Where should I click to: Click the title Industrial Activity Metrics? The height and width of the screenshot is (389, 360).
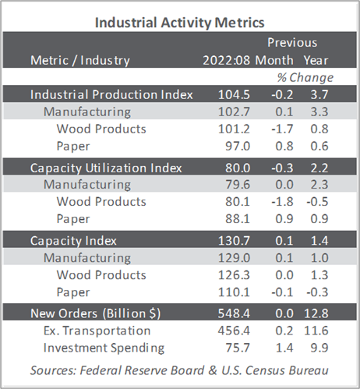(x=180, y=23)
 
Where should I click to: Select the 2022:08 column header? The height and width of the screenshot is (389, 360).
(x=227, y=60)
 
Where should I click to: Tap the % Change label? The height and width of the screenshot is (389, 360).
(x=305, y=77)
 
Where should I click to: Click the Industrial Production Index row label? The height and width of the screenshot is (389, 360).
(x=111, y=94)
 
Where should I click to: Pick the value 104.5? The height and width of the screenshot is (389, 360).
(x=234, y=94)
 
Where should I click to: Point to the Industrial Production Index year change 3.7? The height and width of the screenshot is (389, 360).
(x=319, y=94)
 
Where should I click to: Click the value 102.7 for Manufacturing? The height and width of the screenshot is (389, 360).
(x=234, y=111)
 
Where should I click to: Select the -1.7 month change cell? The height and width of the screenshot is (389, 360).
(x=282, y=129)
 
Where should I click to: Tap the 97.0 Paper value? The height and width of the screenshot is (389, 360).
(x=238, y=146)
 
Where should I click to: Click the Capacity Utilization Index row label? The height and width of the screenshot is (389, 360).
(x=106, y=168)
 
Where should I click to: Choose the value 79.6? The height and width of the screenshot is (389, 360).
(x=238, y=185)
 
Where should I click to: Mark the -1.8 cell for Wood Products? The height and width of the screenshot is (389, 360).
(x=282, y=202)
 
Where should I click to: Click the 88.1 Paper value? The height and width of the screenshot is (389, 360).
(x=238, y=219)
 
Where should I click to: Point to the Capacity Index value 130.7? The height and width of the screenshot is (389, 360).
(x=234, y=241)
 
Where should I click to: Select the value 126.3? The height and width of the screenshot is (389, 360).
(x=234, y=275)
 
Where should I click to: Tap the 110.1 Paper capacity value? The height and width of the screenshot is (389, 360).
(x=234, y=292)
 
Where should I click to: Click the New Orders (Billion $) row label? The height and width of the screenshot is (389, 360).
(x=96, y=313)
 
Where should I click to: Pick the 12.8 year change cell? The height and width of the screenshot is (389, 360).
(x=316, y=313)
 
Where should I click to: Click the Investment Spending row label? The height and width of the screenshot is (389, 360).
(x=104, y=348)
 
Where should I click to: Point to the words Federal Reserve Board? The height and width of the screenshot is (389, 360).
(x=142, y=370)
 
